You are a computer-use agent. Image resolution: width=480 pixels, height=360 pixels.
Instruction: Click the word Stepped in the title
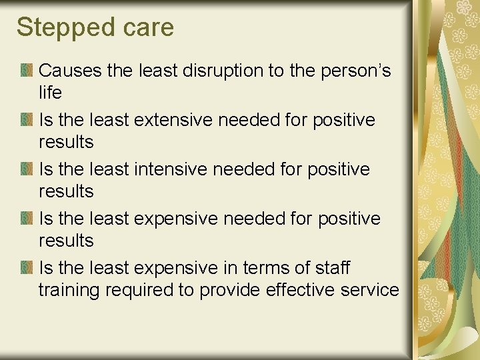[58, 28]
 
